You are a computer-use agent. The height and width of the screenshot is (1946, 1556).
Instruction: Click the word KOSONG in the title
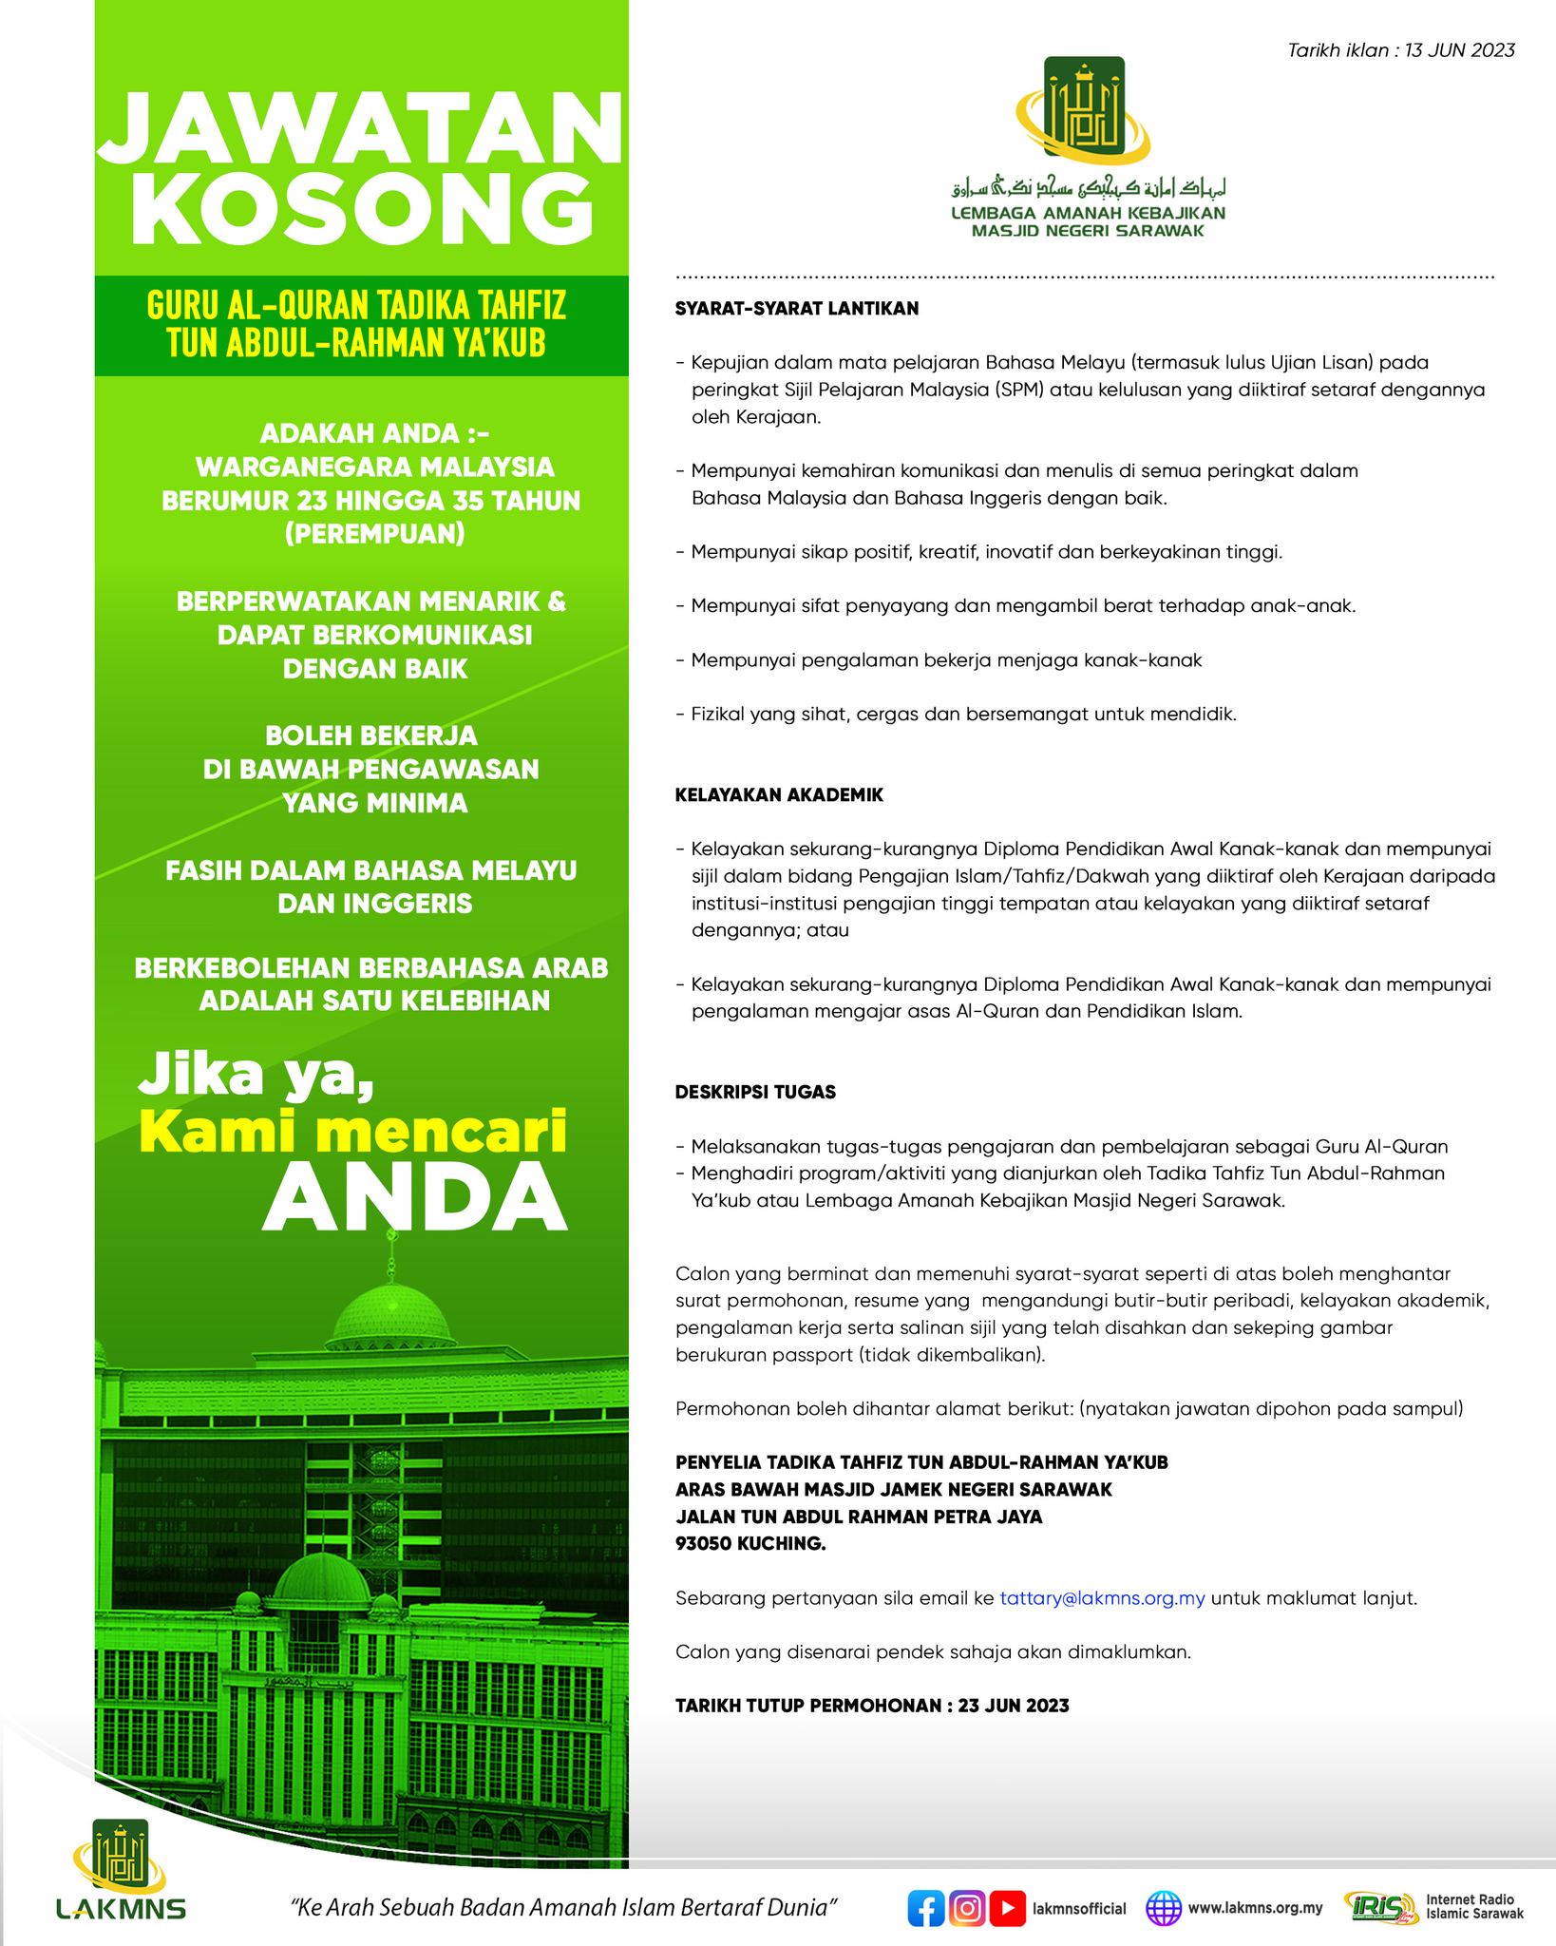[360, 210]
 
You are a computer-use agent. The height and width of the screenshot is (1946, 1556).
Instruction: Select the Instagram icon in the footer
[966, 1881]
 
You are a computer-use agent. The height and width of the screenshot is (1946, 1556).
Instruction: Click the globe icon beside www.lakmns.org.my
[1163, 1881]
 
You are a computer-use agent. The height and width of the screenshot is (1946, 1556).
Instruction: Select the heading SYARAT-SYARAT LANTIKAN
[796, 309]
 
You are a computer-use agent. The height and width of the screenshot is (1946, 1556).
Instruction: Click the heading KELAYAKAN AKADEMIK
[779, 795]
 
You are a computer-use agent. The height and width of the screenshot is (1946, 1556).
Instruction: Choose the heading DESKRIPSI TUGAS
[755, 1092]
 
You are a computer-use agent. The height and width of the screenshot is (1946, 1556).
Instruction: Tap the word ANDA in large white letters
[414, 1196]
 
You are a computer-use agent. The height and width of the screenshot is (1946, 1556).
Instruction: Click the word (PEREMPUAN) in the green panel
[375, 534]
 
